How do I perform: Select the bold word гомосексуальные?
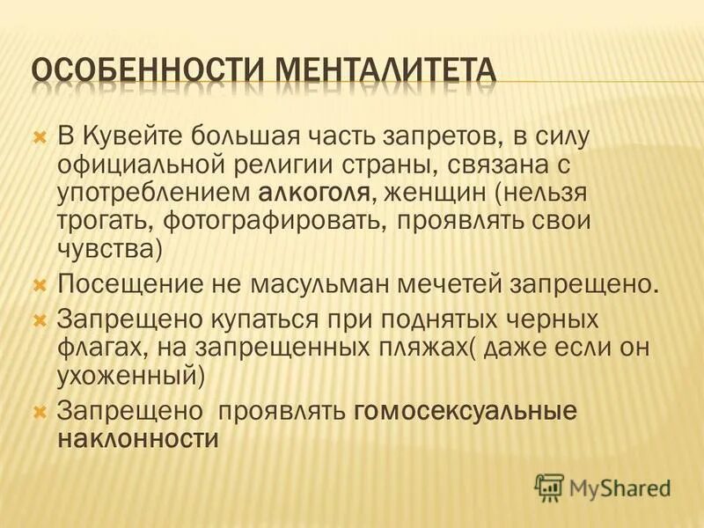point(466,411)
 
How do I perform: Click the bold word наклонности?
point(136,438)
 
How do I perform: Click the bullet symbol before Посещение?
point(39,285)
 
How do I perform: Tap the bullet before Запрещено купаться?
point(39,318)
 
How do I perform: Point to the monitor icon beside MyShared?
point(549,487)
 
